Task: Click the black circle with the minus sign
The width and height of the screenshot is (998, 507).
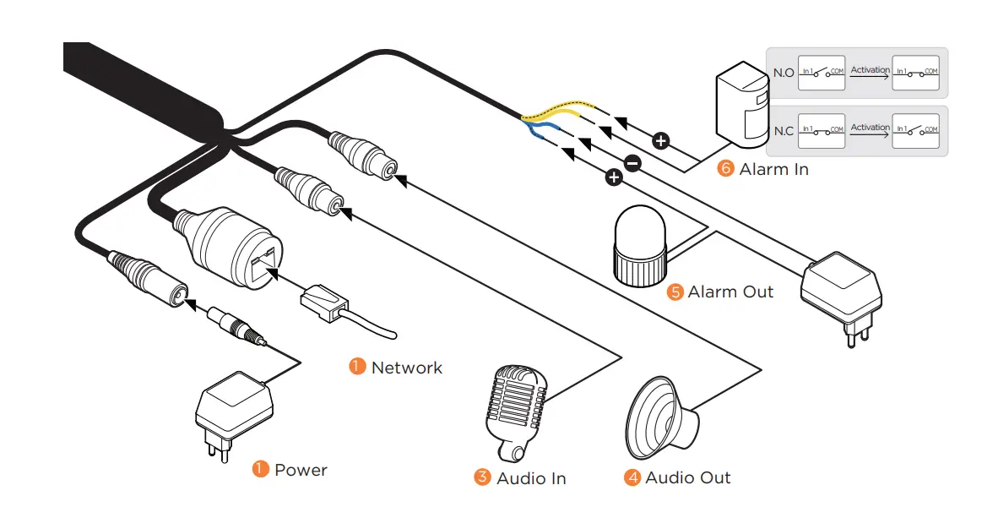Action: (x=632, y=163)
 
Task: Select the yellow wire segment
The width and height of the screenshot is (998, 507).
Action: (x=561, y=110)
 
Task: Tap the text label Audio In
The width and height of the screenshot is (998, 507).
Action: (x=531, y=478)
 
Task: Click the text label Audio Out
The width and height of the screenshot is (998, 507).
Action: (x=687, y=478)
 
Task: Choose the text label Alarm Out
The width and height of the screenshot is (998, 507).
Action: (x=730, y=292)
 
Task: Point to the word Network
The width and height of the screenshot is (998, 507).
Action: (x=406, y=368)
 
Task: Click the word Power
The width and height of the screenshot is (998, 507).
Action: (x=301, y=470)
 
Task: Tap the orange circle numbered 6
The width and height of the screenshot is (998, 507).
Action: (x=724, y=169)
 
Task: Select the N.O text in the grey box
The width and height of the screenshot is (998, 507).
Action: (x=784, y=73)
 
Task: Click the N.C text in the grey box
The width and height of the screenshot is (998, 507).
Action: (x=784, y=131)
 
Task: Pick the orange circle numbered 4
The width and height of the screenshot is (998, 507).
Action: (x=632, y=478)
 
